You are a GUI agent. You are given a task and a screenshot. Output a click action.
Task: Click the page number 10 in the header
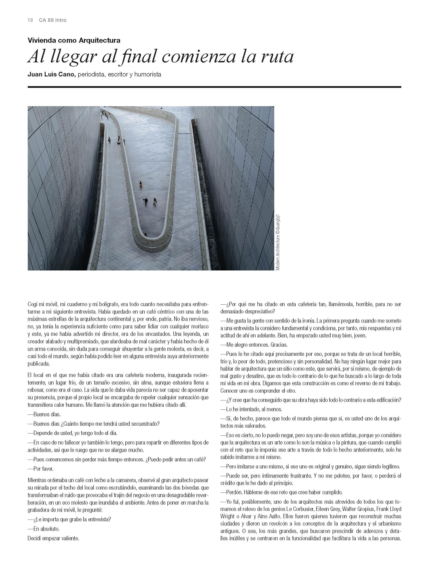click(x=30, y=20)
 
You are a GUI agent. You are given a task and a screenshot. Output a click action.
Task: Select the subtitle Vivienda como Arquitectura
click(x=74, y=40)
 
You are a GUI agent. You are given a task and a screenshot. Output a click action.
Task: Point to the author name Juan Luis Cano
click(x=52, y=74)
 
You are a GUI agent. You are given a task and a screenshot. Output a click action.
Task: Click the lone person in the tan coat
click(x=141, y=185)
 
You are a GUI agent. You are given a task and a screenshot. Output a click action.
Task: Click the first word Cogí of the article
click(x=33, y=304)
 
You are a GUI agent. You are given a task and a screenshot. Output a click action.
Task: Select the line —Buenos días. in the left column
click(x=44, y=415)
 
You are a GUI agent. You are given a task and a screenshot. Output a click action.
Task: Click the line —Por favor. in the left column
click(x=41, y=469)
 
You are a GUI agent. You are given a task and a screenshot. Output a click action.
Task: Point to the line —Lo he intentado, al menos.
click(x=251, y=409)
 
